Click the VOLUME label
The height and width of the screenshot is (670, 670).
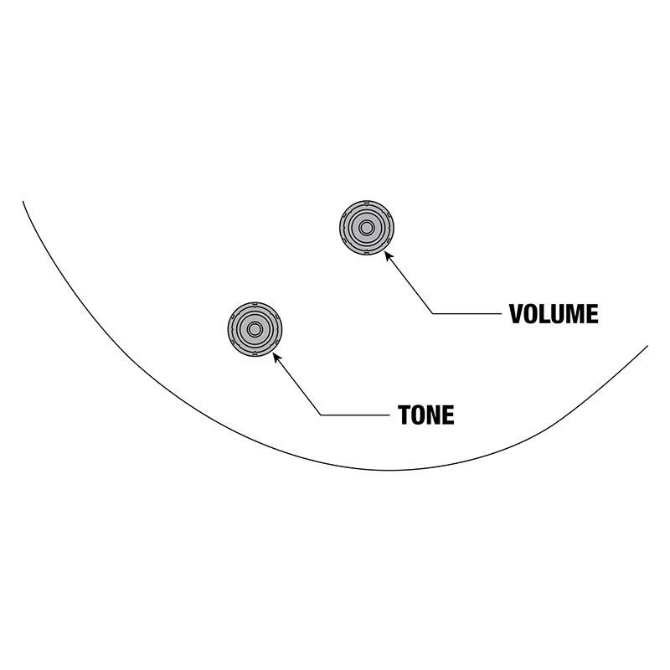554,314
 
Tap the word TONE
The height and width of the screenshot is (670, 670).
426,415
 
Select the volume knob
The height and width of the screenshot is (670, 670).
366,227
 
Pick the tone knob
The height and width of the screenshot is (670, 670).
255,327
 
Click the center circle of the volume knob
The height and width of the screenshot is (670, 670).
366,227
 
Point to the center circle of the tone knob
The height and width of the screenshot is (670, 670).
255,327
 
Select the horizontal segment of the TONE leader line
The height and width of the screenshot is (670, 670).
356,415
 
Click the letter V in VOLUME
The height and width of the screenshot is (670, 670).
517,314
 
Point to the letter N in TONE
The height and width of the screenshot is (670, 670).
435,415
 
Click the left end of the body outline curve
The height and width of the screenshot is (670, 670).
23,201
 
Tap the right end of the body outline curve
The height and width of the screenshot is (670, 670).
647,345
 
